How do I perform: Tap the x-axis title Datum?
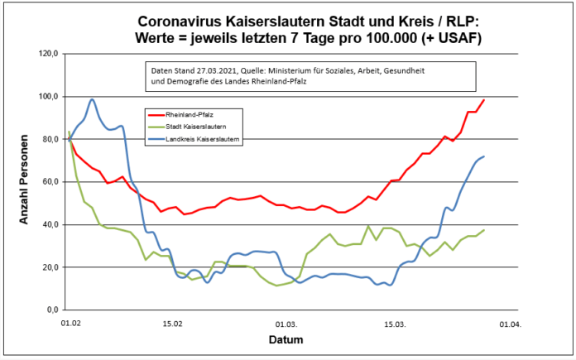pyautogui.click(x=286, y=340)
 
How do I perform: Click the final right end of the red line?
pyautogui.click(x=483, y=100)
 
